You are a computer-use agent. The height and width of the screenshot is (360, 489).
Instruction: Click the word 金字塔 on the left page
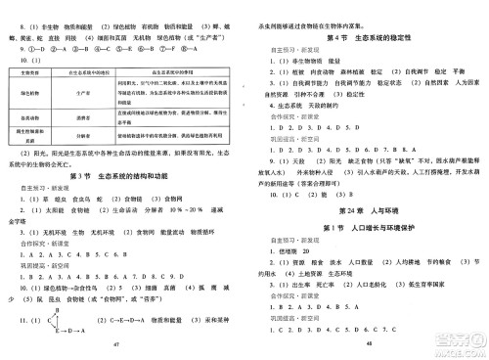click(22, 221)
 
